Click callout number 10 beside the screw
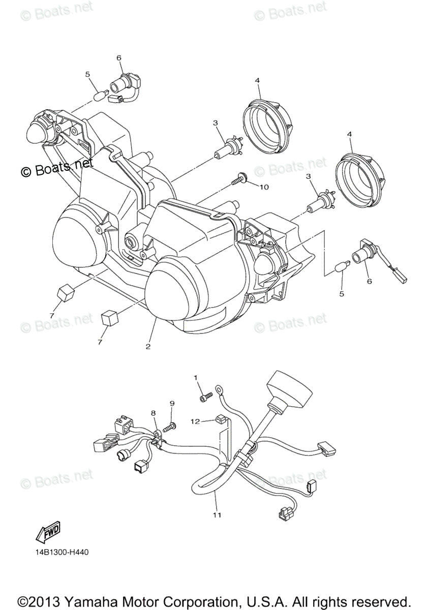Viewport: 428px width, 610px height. [x=264, y=187]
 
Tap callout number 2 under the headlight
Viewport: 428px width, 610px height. [x=148, y=347]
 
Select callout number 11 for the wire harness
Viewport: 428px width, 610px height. [x=217, y=515]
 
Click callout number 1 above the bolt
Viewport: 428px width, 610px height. [x=195, y=378]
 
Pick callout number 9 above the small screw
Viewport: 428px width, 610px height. [x=172, y=403]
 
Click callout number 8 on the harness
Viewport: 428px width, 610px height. [x=153, y=413]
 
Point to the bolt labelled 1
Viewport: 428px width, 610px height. [x=204, y=398]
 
